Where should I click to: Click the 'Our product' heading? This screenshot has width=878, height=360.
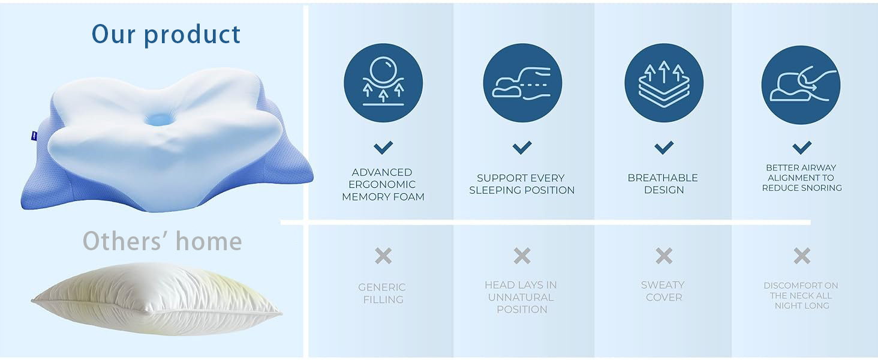[x=166, y=35]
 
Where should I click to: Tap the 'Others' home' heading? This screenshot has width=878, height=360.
[x=163, y=241]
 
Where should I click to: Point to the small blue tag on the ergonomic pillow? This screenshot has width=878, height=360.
[x=34, y=136]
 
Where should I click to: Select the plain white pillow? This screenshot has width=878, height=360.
[x=157, y=299]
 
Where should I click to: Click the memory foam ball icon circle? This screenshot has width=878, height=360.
[x=383, y=83]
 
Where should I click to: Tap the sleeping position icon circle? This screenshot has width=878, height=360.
[x=522, y=83]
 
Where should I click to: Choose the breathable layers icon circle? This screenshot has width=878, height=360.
[x=664, y=83]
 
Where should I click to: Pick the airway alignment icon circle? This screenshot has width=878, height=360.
[x=801, y=85]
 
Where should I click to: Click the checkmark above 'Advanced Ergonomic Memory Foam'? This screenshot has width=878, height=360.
[x=383, y=148]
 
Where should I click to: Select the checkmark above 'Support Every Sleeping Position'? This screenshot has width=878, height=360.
[x=522, y=148]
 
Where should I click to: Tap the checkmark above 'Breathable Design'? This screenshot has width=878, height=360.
[x=664, y=148]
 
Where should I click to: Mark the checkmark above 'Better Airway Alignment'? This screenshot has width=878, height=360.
[x=802, y=148]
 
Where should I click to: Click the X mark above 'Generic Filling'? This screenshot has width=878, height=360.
[x=383, y=256]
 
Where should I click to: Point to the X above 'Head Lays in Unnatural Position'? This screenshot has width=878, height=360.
[x=522, y=256]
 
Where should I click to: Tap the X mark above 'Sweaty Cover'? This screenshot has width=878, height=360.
[x=664, y=256]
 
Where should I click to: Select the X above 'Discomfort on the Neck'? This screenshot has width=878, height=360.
[x=802, y=256]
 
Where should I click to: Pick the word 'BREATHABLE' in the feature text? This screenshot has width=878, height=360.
[x=663, y=178]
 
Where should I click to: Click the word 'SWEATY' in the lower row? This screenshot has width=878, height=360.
[x=663, y=285]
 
